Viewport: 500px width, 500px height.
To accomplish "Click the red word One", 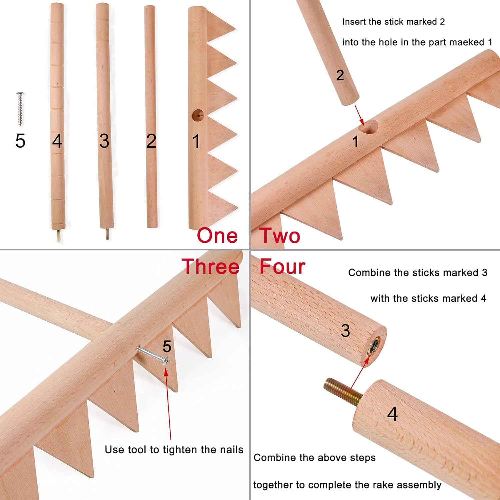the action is tap(217, 236).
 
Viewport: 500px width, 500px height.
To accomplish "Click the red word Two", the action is tap(280, 236).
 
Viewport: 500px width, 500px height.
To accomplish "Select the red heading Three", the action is tap(211, 267).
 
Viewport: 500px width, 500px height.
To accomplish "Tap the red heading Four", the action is tap(282, 267).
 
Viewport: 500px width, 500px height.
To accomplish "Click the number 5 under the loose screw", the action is tap(20, 141).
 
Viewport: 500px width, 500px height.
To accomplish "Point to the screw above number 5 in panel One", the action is tap(20, 109).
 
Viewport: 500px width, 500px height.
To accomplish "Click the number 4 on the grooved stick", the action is tap(57, 141).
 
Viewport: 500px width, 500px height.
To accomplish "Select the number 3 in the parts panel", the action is tap(104, 141).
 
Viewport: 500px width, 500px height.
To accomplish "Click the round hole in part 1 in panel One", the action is tap(198, 115).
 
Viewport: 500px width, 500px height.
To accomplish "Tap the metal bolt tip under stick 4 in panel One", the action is tap(59, 236).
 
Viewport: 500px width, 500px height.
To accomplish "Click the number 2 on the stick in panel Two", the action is tap(340, 75).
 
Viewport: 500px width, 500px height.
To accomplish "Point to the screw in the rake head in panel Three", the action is tap(153, 355).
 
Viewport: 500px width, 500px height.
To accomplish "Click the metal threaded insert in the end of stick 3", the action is tap(374, 347).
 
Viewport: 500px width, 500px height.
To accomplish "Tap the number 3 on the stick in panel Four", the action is tap(345, 331).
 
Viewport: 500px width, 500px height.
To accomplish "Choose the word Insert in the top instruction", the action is tap(354, 22).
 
